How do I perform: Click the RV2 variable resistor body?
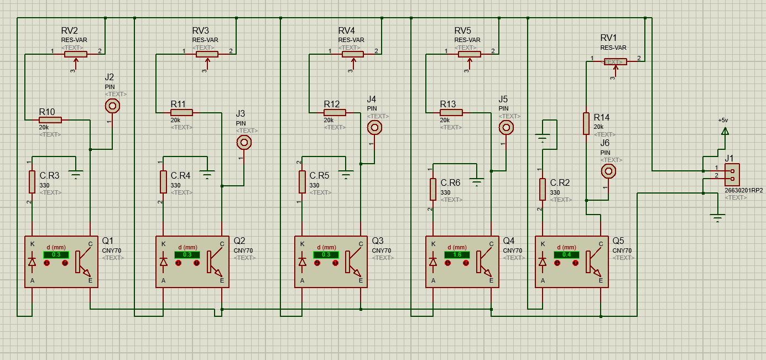(x=76, y=54)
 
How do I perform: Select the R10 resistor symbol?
(x=50, y=119)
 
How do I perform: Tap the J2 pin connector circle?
(x=112, y=106)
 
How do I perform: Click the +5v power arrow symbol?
(x=725, y=131)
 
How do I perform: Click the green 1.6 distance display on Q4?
(x=456, y=254)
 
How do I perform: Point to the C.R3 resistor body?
(x=32, y=181)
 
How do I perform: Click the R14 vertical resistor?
(x=586, y=123)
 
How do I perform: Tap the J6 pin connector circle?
(x=608, y=171)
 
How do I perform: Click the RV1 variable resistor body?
(x=615, y=61)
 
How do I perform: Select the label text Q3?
(x=377, y=241)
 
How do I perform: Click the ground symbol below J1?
(x=718, y=218)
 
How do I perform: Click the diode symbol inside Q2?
(x=163, y=262)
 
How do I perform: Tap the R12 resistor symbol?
(x=335, y=112)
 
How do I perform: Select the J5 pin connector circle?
(x=506, y=128)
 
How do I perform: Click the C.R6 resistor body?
(x=433, y=189)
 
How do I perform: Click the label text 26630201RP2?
(x=743, y=190)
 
